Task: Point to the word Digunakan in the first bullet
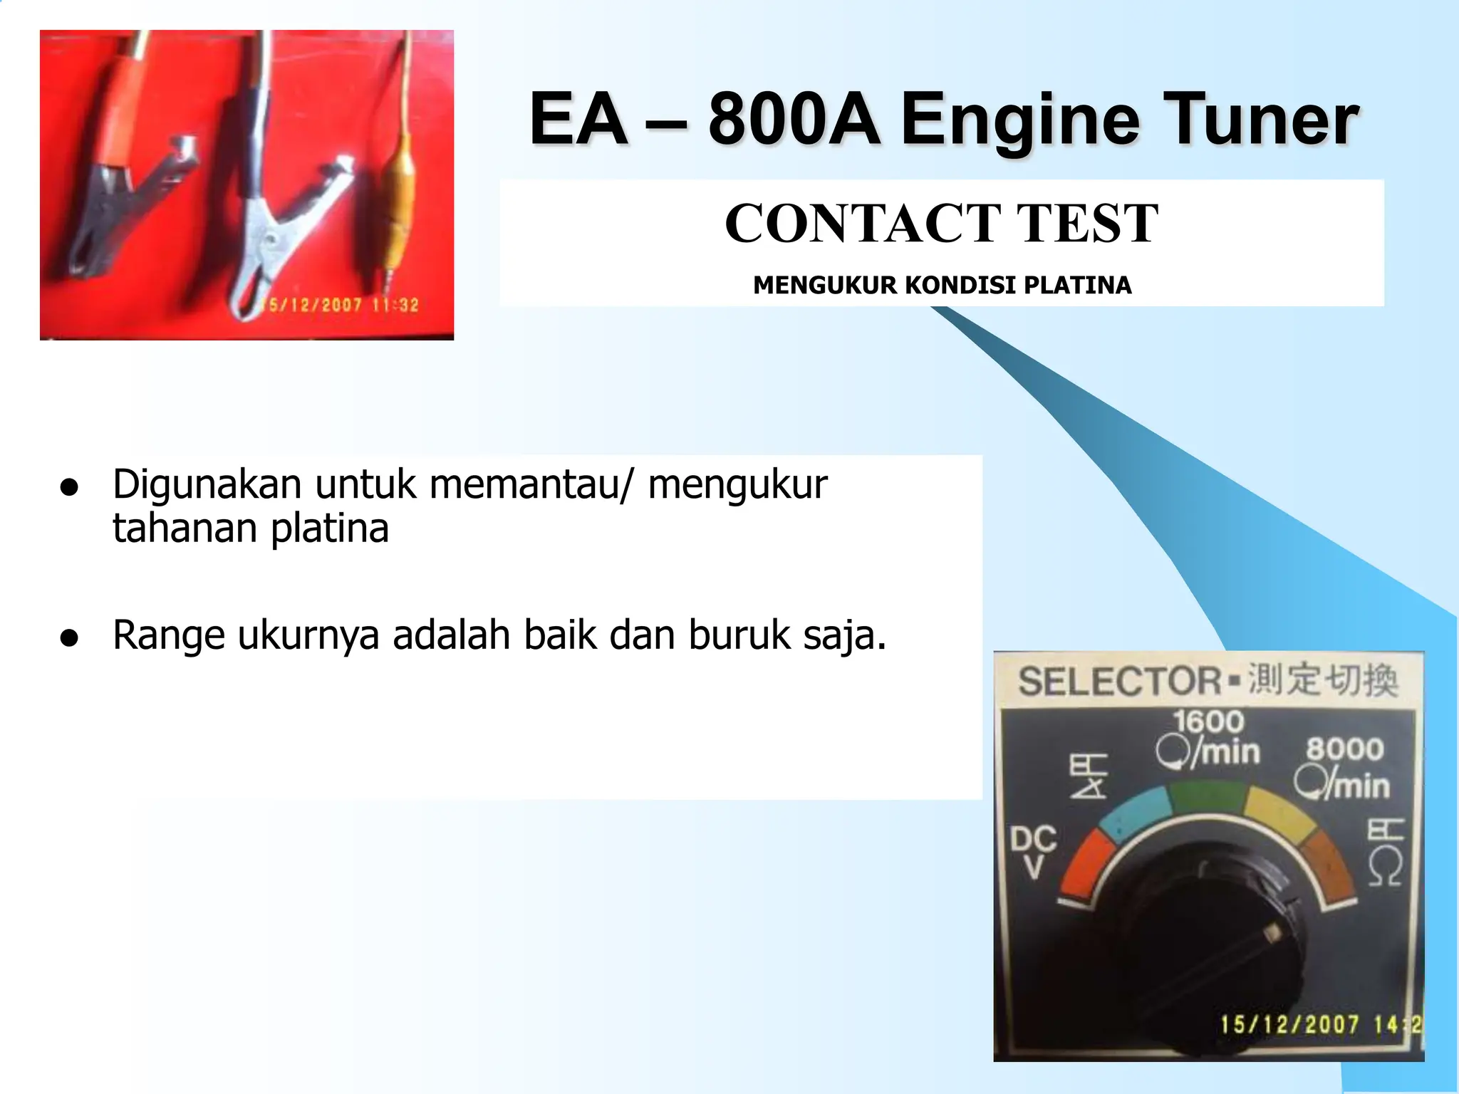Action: (207, 486)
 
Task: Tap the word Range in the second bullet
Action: (169, 636)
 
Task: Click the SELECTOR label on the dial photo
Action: (1119, 681)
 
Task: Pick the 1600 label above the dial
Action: (1209, 721)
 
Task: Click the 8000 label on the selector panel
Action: (1344, 749)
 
